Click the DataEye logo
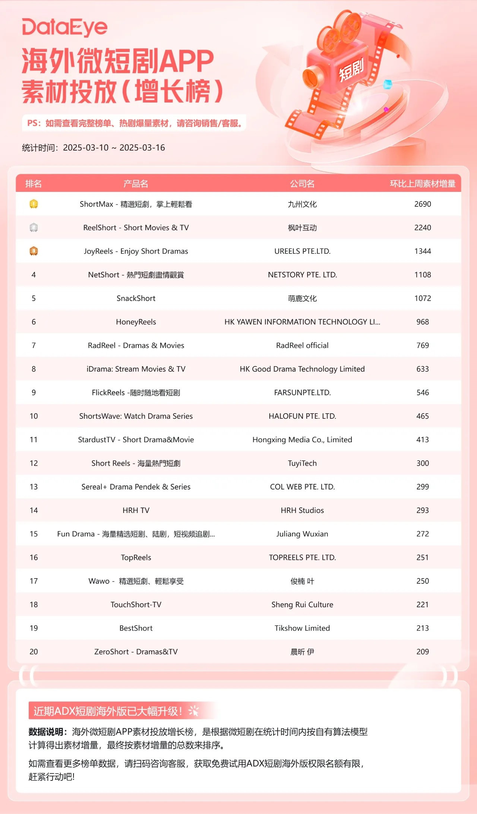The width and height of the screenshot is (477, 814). coord(64,27)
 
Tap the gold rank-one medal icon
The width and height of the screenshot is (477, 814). coord(34,204)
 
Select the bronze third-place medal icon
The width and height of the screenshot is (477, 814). coord(34,251)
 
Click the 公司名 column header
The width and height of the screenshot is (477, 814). coord(302,184)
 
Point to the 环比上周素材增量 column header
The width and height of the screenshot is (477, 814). coord(423,184)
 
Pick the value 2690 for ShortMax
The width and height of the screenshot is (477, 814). coord(423,204)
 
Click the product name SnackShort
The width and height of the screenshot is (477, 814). coord(136,298)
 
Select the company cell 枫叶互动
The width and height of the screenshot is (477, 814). coord(302,228)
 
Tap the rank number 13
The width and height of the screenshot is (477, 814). coord(34,487)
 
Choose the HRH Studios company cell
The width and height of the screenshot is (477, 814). coord(302,510)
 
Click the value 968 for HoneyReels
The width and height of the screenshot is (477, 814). coord(423,322)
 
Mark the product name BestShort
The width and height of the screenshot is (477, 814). coord(136,628)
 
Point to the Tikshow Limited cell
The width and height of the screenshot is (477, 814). coord(302,628)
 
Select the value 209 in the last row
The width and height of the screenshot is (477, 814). coord(423,652)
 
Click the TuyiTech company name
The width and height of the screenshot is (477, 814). coord(302,463)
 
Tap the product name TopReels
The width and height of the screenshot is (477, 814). coord(136,557)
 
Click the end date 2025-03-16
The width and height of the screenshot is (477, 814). coord(142,148)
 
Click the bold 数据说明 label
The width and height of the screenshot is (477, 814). coord(46,732)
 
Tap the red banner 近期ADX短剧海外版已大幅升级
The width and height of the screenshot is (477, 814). coord(108,711)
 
